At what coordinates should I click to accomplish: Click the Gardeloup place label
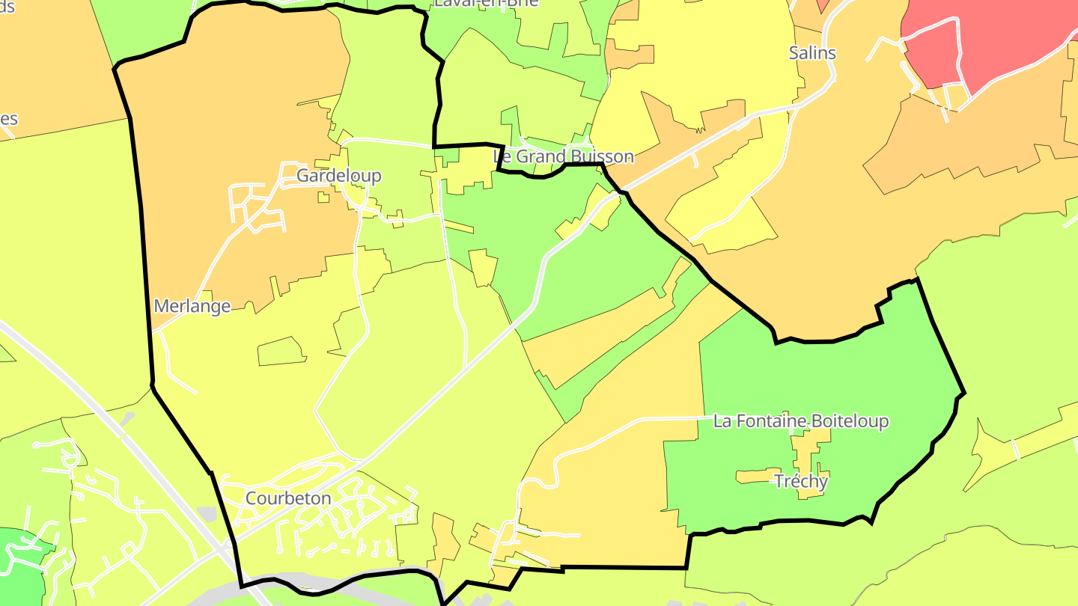pos(338,176)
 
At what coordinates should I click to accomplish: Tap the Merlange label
pos(192,306)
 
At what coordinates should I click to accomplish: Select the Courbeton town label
pos(288,498)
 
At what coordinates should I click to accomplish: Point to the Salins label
pos(812,53)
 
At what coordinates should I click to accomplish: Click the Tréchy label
pos(801,481)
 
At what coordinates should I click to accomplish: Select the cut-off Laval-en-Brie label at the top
pos(487,3)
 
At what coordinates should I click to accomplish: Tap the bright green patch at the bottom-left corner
pos(19,561)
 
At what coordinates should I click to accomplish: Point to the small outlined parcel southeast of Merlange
pos(281,352)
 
